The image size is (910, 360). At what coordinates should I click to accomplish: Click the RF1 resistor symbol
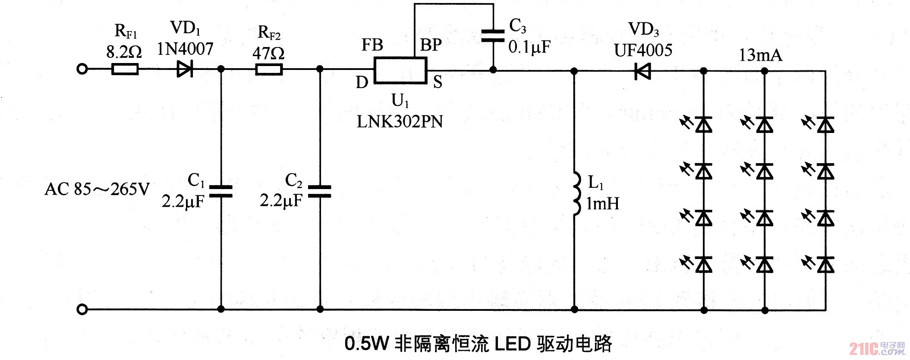125,69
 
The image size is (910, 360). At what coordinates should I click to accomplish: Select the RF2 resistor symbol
269,69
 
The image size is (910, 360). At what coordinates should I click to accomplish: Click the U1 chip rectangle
400,70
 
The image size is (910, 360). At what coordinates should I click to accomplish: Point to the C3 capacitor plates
493,36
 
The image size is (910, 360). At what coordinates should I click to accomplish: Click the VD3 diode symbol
642,71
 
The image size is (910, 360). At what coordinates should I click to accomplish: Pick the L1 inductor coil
576,193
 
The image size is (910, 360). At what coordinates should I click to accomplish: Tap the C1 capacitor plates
221,191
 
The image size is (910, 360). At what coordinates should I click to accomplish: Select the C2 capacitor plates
320,191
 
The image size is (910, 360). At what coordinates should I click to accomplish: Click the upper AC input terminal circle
82,69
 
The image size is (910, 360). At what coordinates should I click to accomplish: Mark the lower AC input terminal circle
82,309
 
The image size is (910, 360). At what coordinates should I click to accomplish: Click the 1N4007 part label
185,49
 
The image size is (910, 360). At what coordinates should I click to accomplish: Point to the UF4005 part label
643,51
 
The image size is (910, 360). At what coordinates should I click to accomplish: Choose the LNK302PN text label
400,122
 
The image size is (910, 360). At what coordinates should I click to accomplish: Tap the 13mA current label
760,55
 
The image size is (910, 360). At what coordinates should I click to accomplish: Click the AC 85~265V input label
97,189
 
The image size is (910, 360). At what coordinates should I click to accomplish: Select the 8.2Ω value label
124,52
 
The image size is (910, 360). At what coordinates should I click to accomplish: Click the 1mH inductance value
603,204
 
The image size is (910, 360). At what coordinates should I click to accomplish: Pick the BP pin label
431,45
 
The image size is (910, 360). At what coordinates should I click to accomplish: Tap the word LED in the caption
512,344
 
